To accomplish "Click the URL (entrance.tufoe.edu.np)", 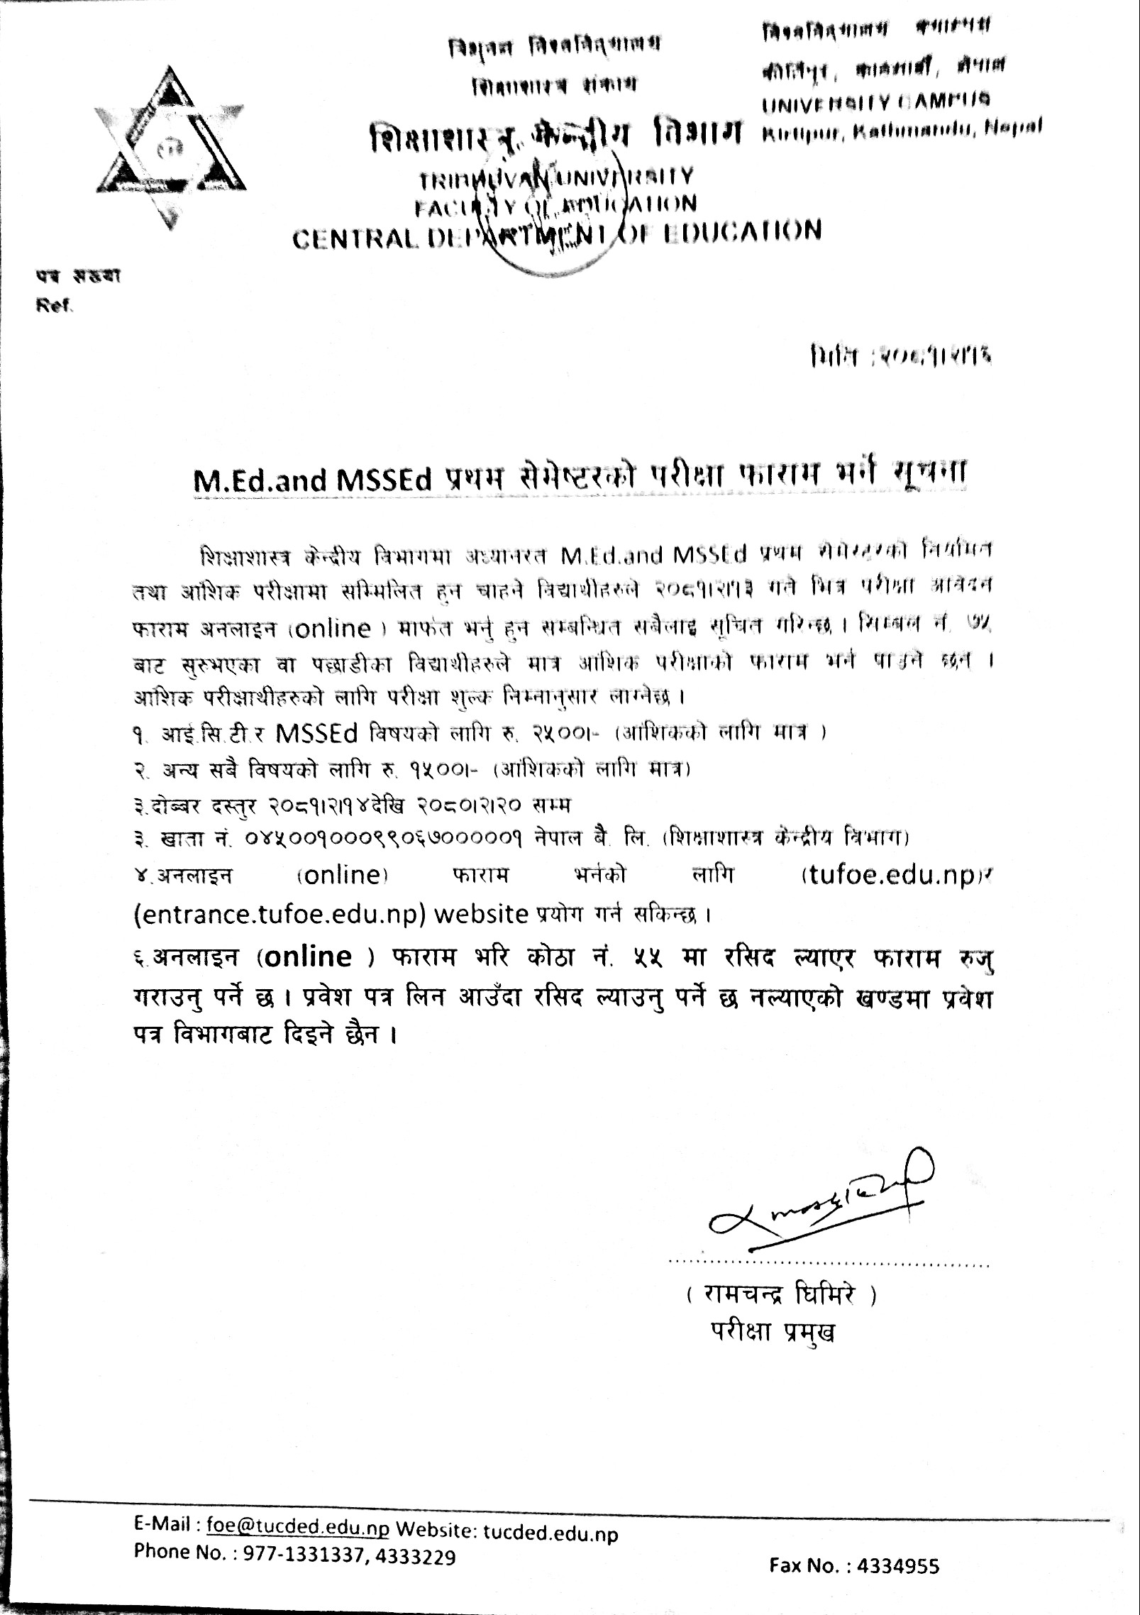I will (x=280, y=913).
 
